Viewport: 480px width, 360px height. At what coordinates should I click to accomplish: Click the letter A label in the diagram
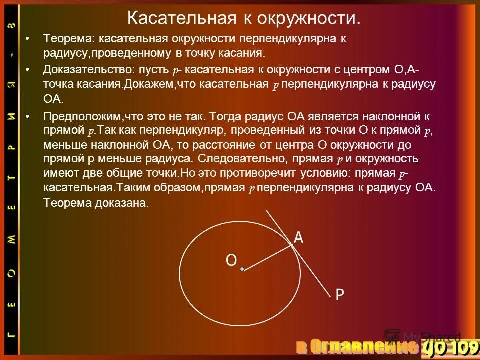[x=298, y=238]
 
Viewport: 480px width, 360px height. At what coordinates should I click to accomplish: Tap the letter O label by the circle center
[x=231, y=260]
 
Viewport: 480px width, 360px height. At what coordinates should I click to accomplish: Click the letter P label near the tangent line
[x=339, y=295]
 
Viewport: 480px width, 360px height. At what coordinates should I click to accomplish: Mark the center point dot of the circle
[x=242, y=269]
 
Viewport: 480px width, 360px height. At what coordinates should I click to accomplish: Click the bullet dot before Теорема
[x=28, y=38]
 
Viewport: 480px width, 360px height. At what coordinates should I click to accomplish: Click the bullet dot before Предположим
[x=28, y=116]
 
